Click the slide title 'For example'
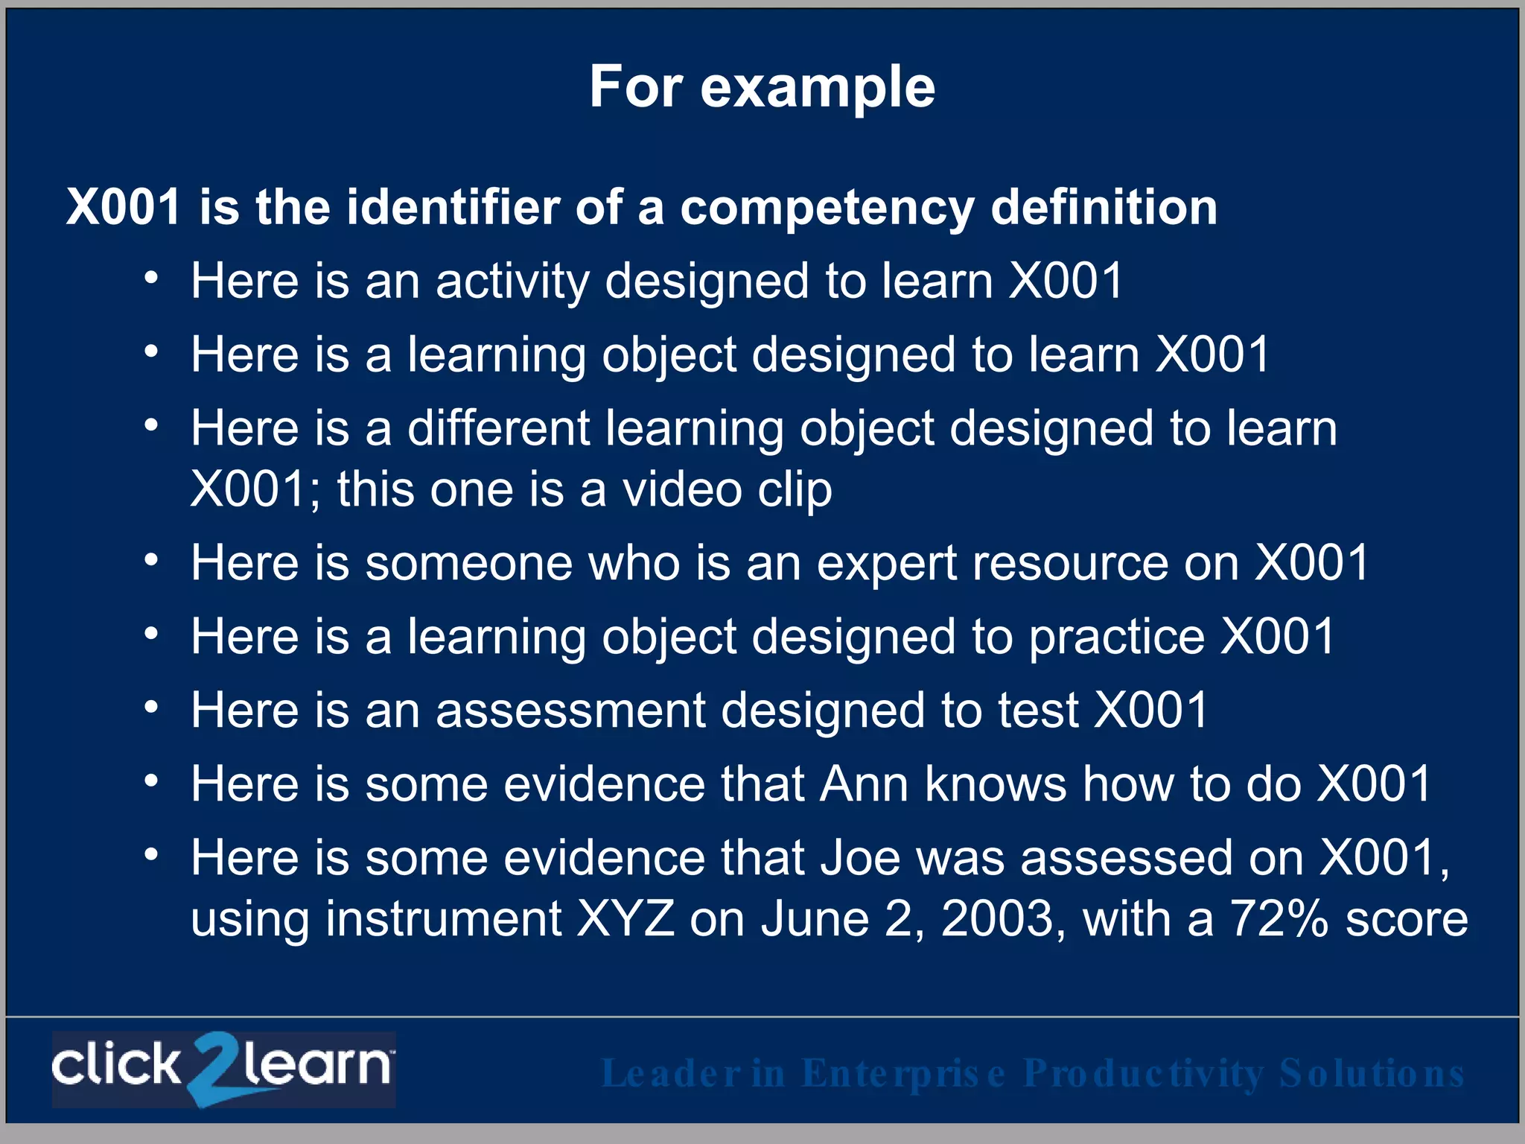click(x=762, y=87)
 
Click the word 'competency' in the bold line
click(x=827, y=207)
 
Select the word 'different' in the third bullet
click(x=498, y=429)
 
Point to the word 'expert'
click(x=886, y=562)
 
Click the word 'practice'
click(x=1116, y=637)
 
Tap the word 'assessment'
click(x=570, y=710)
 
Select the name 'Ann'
click(x=864, y=784)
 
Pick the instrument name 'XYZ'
click(x=625, y=919)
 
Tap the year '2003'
click(x=998, y=919)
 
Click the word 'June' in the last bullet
click(x=815, y=919)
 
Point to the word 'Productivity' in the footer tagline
click(x=1143, y=1074)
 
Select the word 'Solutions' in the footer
click(x=1372, y=1074)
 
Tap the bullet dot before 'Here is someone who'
click(x=152, y=559)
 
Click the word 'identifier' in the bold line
click(x=453, y=207)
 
